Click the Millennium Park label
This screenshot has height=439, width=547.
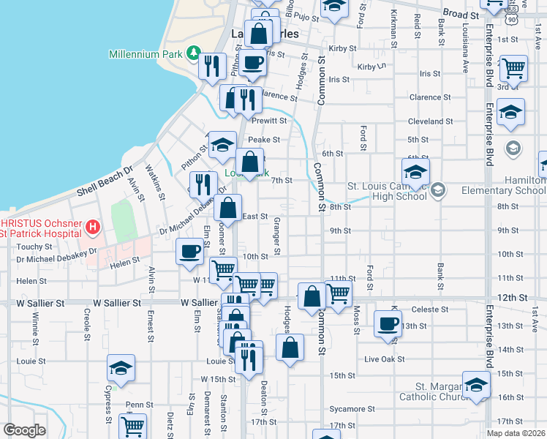(146, 54)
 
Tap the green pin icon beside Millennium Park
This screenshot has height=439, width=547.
(193, 53)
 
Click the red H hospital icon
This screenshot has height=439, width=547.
(92, 228)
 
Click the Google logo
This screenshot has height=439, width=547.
(25, 430)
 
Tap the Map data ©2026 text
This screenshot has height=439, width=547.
(516, 433)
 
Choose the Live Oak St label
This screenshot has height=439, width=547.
(384, 359)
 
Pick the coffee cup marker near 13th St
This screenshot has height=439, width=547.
(388, 324)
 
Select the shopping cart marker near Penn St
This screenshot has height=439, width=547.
(133, 426)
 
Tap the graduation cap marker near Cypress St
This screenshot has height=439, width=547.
(121, 367)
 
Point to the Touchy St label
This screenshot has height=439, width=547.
(27, 247)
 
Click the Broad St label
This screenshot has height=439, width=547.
(461, 14)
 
